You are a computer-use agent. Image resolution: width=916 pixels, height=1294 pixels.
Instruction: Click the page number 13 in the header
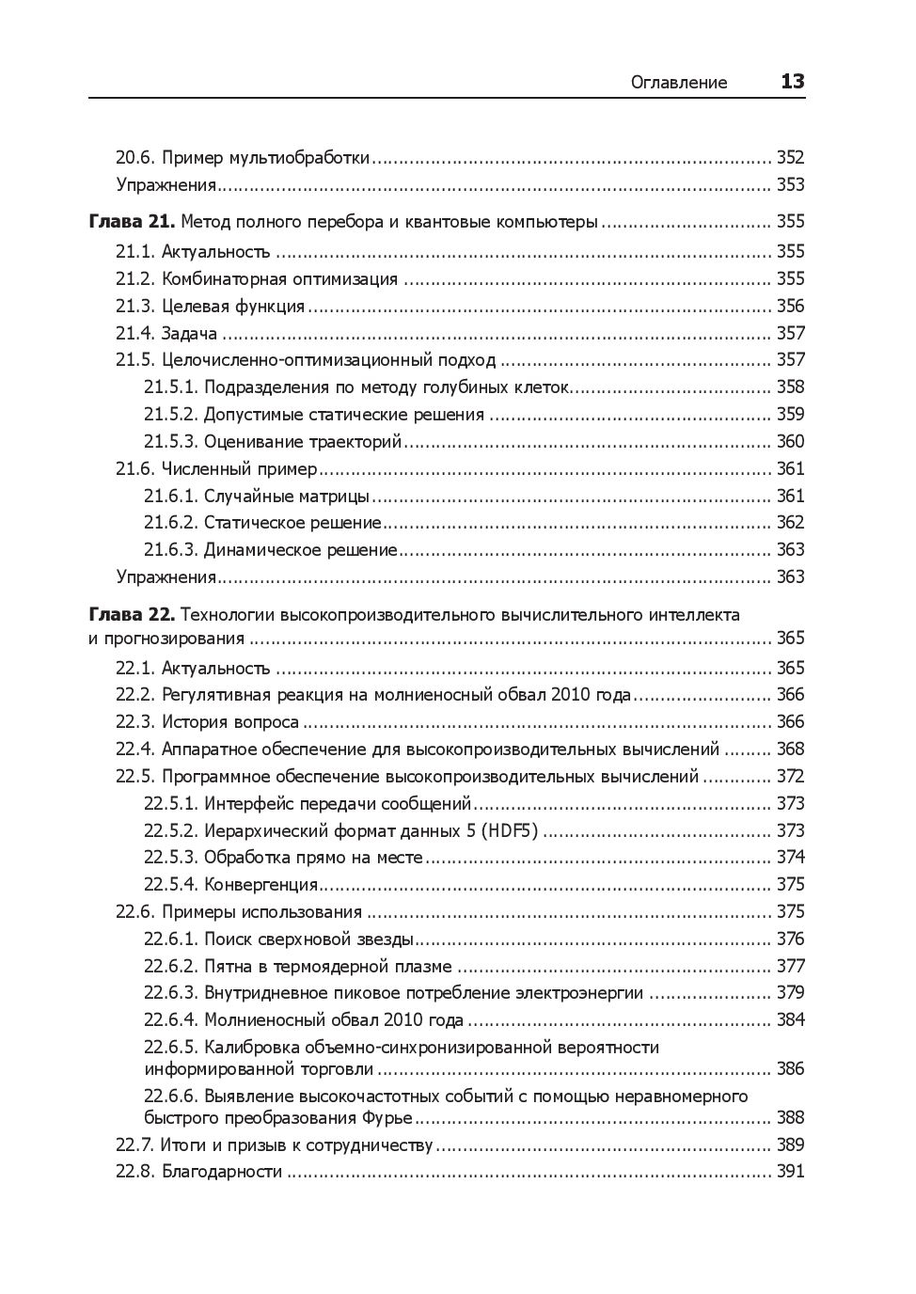(x=792, y=81)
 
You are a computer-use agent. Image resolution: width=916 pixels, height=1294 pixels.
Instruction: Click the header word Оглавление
(x=678, y=82)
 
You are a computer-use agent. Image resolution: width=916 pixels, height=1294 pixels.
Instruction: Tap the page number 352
(x=790, y=158)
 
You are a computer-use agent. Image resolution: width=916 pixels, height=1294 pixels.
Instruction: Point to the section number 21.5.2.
(x=171, y=415)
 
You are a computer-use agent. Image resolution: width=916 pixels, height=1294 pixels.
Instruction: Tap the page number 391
(x=790, y=1172)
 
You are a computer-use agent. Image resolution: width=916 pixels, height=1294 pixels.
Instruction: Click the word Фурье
(x=387, y=1118)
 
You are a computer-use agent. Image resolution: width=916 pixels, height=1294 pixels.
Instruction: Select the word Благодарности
(x=222, y=1172)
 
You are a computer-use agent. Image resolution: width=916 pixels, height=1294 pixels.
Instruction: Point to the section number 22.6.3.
(x=171, y=993)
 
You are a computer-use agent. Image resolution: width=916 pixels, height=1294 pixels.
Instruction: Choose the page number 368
(x=790, y=750)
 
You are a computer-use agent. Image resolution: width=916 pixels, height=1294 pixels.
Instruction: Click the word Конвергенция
(x=261, y=885)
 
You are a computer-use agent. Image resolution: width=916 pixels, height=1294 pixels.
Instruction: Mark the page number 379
(x=790, y=993)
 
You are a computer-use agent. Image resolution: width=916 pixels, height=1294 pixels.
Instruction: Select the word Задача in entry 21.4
(x=189, y=334)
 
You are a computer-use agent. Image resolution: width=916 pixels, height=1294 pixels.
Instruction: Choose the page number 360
(x=790, y=442)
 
